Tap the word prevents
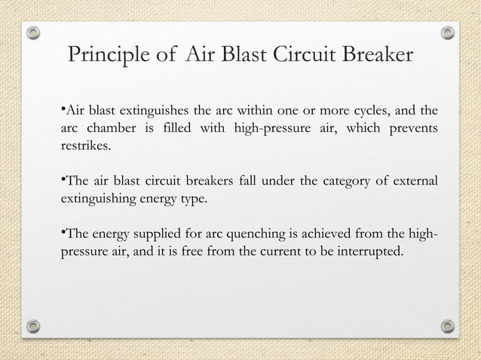coord(412,130)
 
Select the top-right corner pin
coord(448,33)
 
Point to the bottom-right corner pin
coord(448,326)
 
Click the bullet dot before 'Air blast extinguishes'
coord(61,111)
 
